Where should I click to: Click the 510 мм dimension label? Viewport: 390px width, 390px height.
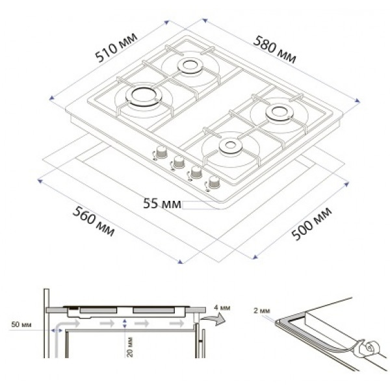click(x=116, y=47)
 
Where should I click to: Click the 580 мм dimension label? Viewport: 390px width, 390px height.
click(x=275, y=50)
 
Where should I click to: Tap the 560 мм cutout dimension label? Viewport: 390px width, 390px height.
click(x=94, y=221)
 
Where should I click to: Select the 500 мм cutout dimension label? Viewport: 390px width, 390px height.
click(x=311, y=224)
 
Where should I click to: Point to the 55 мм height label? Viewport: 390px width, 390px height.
click(x=162, y=203)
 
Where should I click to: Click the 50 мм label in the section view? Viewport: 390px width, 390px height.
click(x=21, y=324)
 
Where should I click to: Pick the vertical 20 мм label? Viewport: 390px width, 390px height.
click(x=131, y=347)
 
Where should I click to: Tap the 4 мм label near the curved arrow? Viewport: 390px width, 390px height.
click(x=222, y=307)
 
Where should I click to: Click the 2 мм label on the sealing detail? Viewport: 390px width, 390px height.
click(x=262, y=311)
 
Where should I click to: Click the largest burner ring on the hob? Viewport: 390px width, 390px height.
click(x=144, y=96)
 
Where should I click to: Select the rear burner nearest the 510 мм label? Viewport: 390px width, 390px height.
click(x=190, y=66)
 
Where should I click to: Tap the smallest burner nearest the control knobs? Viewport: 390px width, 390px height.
click(x=231, y=146)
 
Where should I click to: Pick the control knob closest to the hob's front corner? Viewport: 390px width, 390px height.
click(x=214, y=183)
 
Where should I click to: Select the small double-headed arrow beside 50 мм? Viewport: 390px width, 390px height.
click(x=57, y=330)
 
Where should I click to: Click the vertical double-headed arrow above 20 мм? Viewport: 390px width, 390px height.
click(x=125, y=323)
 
